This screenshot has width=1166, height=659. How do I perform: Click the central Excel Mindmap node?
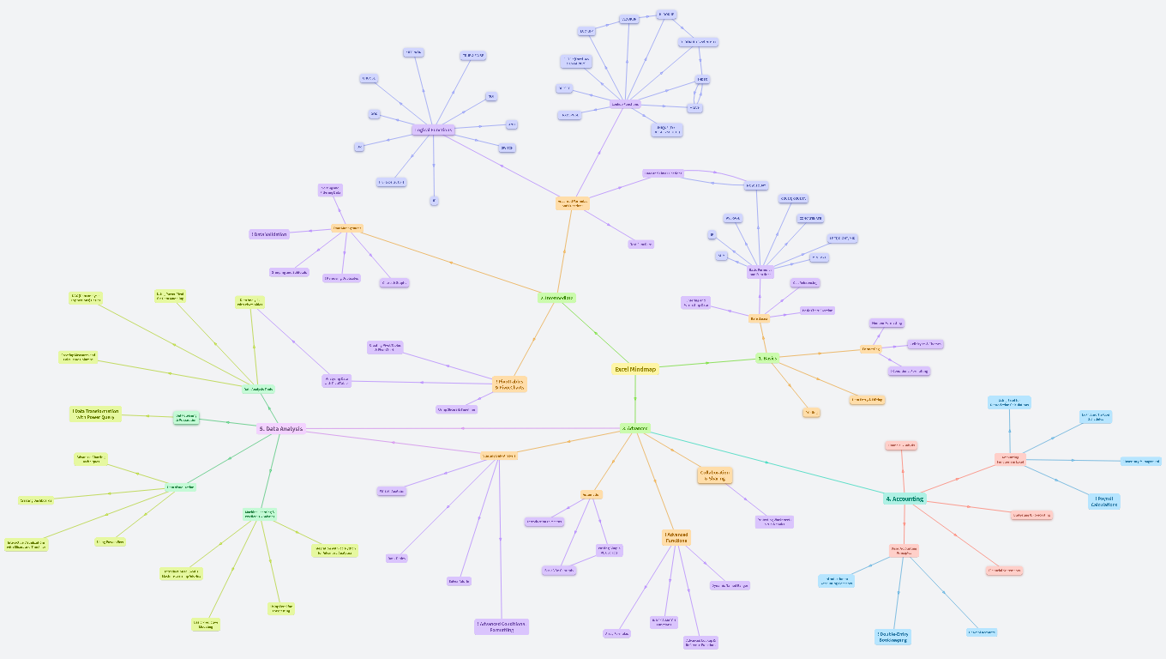(x=635, y=369)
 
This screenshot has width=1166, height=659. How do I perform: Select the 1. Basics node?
(x=767, y=358)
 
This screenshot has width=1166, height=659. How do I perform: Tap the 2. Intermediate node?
(x=556, y=298)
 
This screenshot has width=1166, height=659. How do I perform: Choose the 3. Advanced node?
(x=635, y=427)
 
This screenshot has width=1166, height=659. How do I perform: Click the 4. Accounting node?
(x=905, y=499)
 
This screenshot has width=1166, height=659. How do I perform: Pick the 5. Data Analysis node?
(x=281, y=428)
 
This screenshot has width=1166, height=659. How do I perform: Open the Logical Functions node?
(x=433, y=130)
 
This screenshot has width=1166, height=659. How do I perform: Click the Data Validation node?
(x=269, y=233)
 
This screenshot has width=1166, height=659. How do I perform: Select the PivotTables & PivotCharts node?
(x=509, y=384)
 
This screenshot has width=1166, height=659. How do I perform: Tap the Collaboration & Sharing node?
(x=714, y=475)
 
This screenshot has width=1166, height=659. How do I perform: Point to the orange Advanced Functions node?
(x=676, y=537)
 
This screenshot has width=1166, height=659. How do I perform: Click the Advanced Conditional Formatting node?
(x=502, y=626)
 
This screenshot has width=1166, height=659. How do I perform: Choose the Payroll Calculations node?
(x=1104, y=501)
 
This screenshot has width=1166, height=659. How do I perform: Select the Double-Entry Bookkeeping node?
(x=893, y=637)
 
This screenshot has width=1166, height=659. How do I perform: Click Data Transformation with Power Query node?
(x=95, y=414)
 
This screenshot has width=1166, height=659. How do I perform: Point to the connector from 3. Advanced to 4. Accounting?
(x=767, y=463)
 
